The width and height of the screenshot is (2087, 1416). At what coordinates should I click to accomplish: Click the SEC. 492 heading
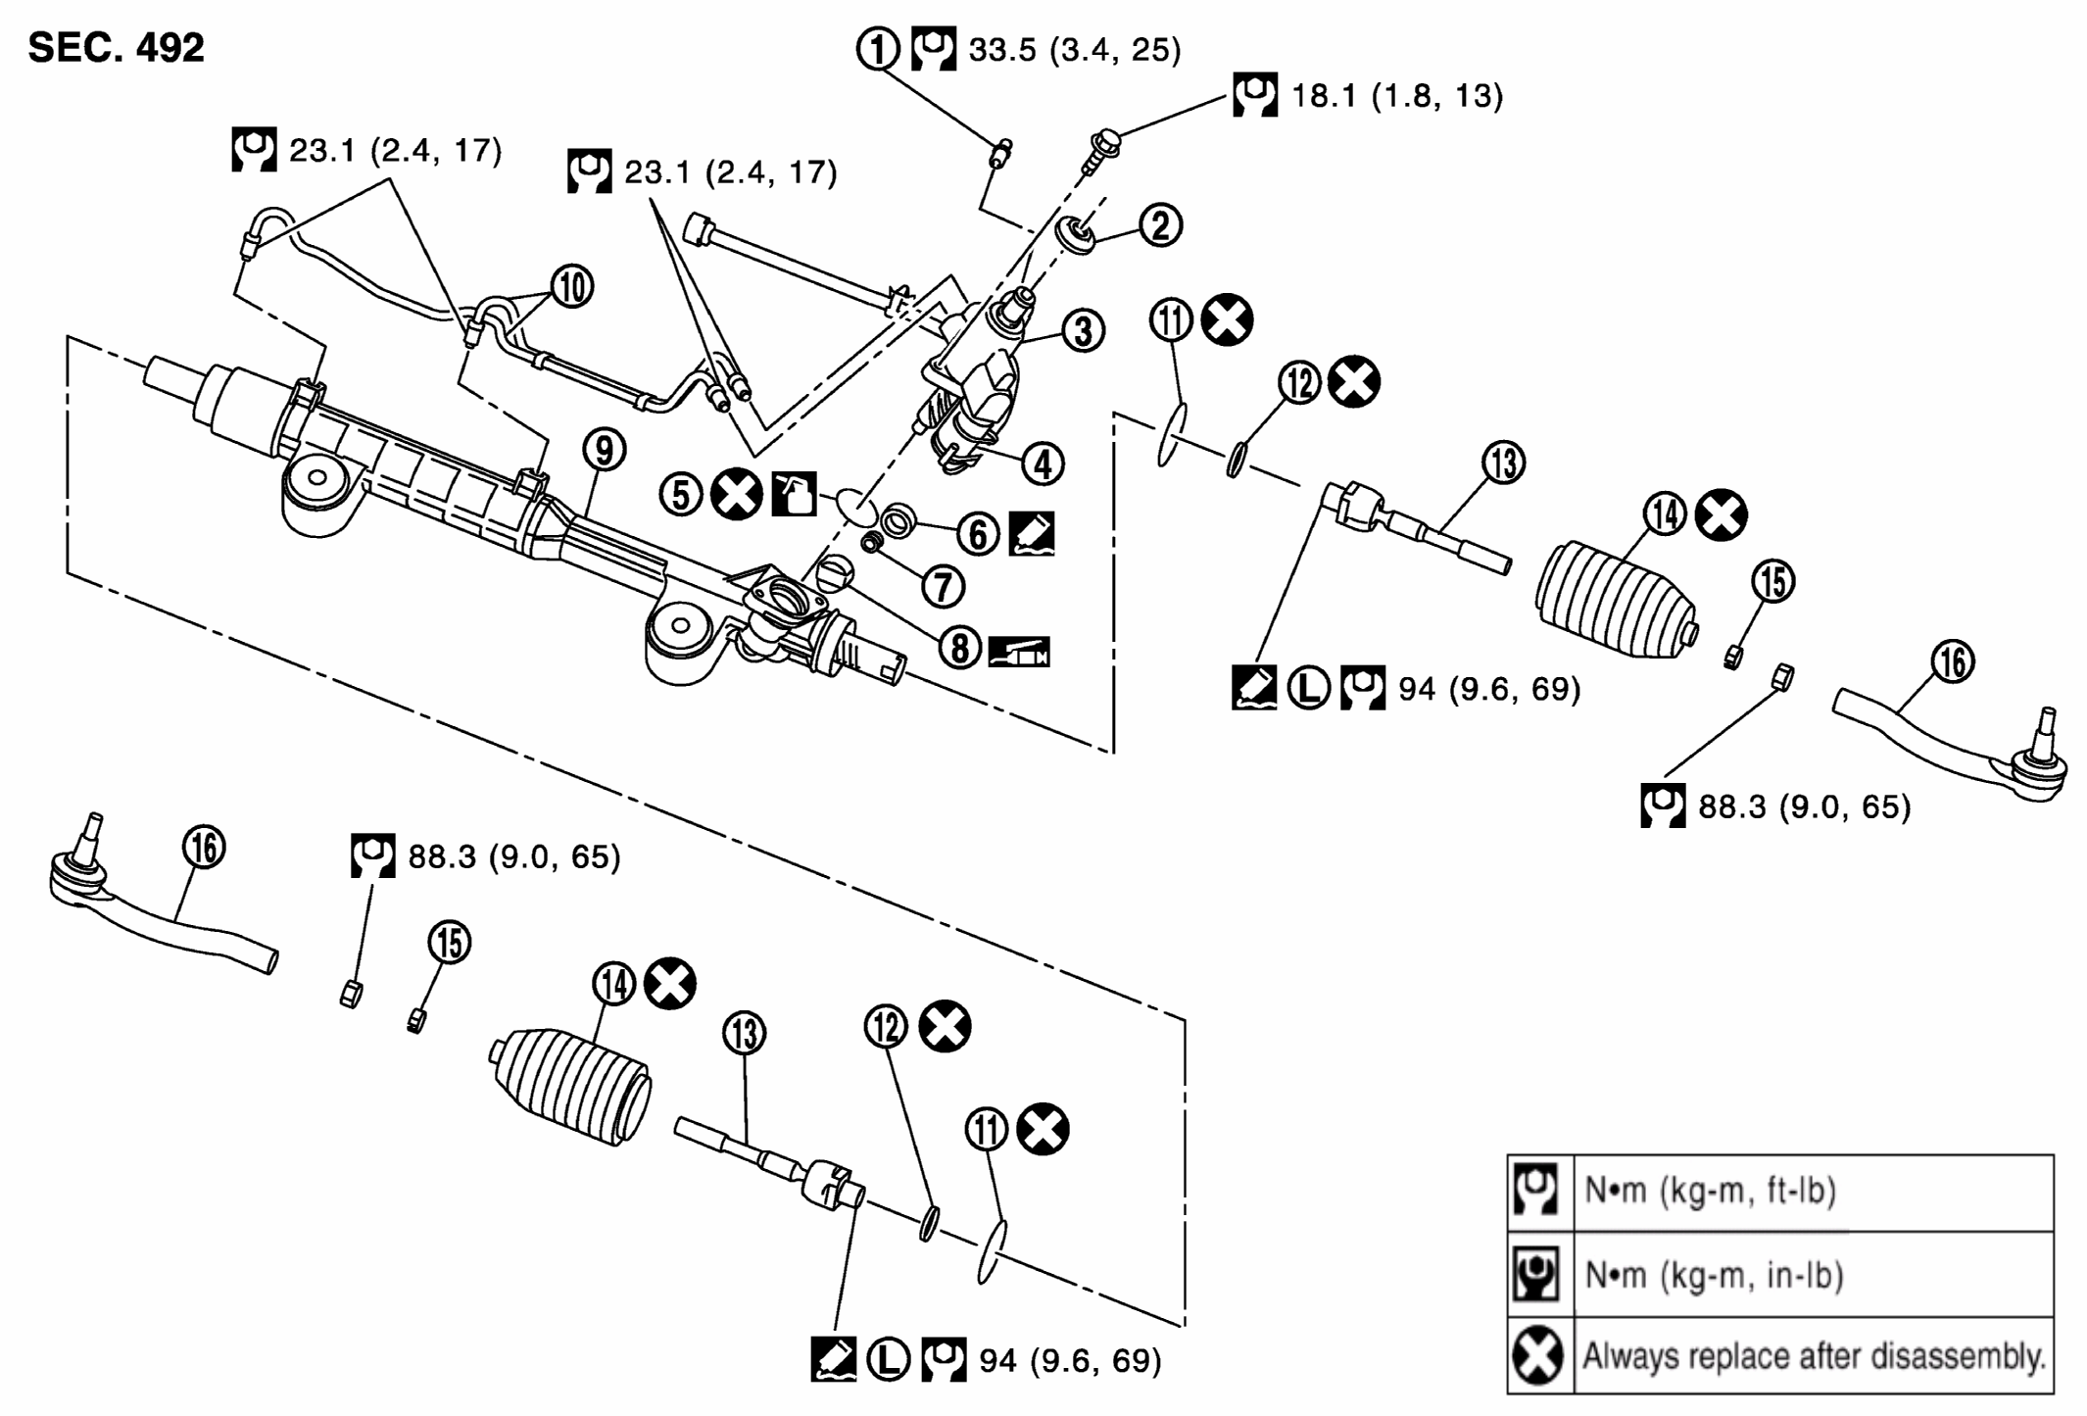[x=116, y=47]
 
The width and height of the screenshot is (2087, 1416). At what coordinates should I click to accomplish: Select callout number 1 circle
[x=878, y=48]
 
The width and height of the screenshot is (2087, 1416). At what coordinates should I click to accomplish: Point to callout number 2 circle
[x=1160, y=225]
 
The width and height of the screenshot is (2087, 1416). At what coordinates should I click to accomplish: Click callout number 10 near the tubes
[x=572, y=287]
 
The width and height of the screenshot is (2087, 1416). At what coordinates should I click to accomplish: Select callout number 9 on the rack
[x=604, y=450]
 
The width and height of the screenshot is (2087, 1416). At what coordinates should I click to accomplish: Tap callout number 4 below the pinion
[x=1043, y=464]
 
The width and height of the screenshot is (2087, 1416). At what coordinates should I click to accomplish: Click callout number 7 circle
[x=943, y=586]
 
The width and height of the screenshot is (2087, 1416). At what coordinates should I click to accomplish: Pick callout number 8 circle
[x=959, y=648]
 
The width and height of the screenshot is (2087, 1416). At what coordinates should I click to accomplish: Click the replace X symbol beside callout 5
[x=737, y=494]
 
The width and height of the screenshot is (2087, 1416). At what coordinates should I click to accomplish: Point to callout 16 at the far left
[x=205, y=847]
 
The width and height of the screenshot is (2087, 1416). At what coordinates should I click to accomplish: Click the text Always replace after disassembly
[x=1814, y=1356]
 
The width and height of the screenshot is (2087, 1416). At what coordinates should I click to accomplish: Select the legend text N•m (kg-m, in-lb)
[x=1714, y=1275]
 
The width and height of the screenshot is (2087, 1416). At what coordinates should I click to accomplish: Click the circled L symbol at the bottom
[x=888, y=1360]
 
